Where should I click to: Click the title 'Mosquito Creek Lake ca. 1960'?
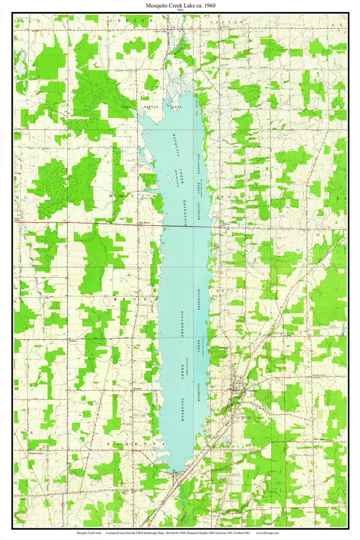point(180,6)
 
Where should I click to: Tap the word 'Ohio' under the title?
point(180,10)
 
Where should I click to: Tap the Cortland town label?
point(253,390)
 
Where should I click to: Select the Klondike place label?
point(138,389)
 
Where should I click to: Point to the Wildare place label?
point(73,341)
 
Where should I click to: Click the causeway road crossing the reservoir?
point(187,226)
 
